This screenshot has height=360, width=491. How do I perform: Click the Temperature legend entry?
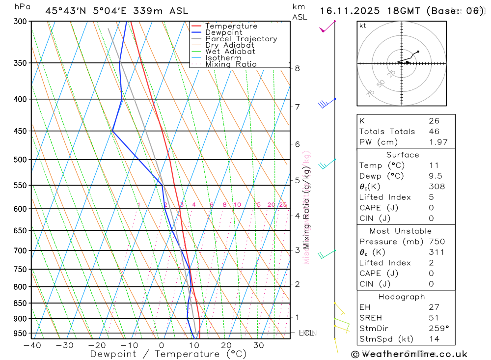[231, 26]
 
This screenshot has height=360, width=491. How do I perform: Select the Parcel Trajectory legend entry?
[241, 39]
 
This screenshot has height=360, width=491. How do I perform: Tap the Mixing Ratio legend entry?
[231, 64]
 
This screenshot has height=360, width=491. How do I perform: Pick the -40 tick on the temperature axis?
[32, 345]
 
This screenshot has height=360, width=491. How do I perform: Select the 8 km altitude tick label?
[297, 68]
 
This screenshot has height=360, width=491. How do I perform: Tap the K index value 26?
[434, 121]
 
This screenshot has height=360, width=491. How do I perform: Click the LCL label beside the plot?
[306, 333]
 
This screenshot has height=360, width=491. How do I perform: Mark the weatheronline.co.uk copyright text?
[409, 354]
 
